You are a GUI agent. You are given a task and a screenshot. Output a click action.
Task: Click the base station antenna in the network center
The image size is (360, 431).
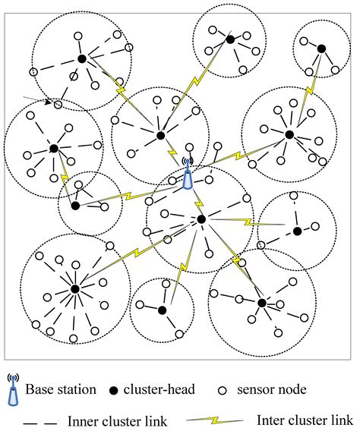pos(187,175)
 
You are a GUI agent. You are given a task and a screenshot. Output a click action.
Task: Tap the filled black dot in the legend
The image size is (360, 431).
pos(113,390)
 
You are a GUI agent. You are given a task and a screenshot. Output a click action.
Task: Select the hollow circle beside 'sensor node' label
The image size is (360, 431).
pos(223,390)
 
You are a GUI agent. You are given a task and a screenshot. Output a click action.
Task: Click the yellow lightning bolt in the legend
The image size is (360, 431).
pos(216,420)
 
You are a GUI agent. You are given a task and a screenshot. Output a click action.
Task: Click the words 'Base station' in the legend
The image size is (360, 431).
pos(62,390)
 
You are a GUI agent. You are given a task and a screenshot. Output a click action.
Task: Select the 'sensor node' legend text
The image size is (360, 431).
pos(271,390)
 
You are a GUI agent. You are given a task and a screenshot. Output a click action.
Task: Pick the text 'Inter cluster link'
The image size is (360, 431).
pos(305,420)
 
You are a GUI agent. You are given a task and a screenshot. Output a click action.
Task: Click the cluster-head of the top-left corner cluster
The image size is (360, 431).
pos(81,58)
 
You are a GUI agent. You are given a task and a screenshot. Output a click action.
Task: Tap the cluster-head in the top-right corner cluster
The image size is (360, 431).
pos(321,49)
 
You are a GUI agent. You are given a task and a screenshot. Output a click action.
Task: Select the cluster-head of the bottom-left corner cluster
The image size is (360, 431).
pos(74,288)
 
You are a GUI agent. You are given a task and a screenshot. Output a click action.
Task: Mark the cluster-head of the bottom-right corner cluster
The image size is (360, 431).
pos(261,302)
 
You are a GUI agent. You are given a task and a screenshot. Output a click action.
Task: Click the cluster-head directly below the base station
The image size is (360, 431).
pos(201,219)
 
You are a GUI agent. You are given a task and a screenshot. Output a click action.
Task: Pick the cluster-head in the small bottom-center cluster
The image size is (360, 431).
pos(162,310)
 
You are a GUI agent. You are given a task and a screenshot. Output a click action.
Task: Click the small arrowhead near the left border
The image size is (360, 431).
pos(49,102)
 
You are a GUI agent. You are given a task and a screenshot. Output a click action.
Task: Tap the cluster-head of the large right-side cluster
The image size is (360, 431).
pos(289,134)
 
